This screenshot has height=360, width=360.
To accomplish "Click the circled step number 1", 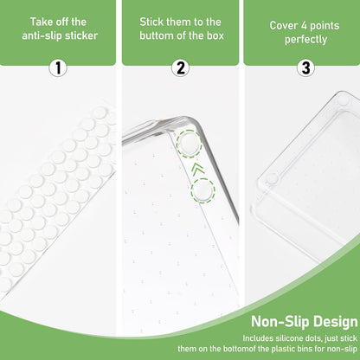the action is (58, 68).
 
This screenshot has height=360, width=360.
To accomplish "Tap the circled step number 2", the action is (181, 68).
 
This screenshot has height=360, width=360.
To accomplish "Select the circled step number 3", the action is (305, 68).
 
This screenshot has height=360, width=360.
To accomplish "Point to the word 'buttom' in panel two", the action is (156, 35).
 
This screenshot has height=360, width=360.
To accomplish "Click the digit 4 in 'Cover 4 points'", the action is (304, 26).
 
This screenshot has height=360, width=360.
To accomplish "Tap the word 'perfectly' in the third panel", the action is (305, 40).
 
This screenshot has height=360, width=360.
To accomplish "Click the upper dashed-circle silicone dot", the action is (190, 144).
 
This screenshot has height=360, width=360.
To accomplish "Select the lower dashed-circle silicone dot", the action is (202, 190).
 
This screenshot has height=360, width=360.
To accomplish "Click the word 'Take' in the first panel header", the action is (39, 22).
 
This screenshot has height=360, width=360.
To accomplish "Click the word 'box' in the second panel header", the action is (215, 35).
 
